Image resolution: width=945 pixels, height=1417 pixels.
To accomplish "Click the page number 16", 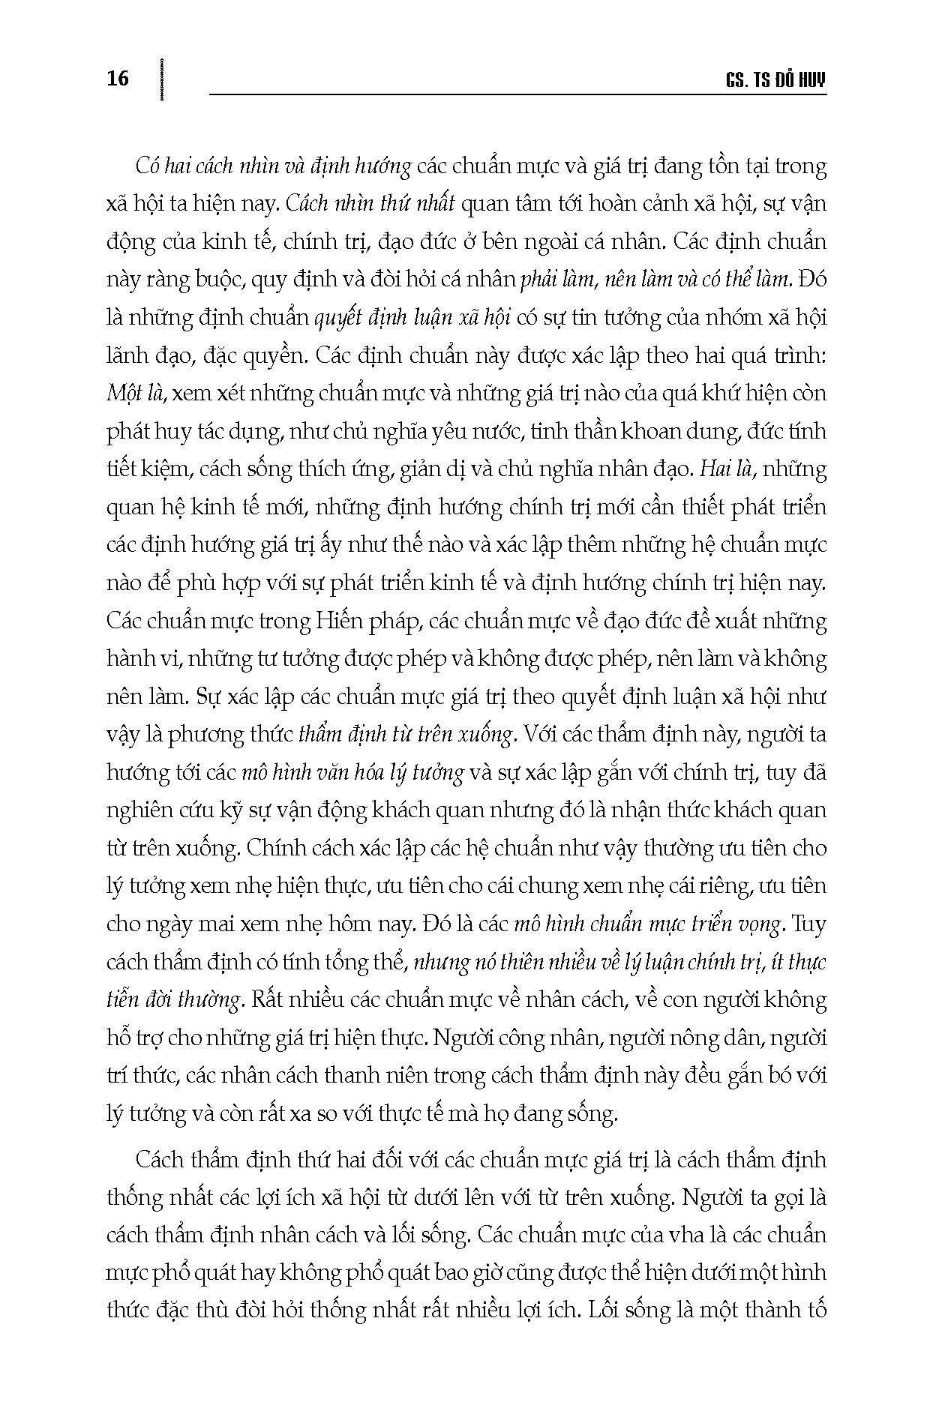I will [x=118, y=78].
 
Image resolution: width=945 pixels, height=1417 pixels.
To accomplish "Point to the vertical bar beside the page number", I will [x=162, y=78].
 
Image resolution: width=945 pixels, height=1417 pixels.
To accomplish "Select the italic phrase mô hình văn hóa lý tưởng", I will [x=352, y=772].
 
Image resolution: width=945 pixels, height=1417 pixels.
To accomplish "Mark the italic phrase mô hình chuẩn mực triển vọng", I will [x=649, y=924].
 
